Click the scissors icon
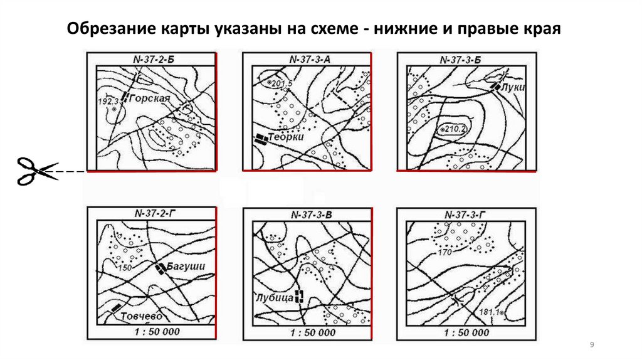pos(37,171)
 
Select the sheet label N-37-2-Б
pos(154,60)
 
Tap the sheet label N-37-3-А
pos(310,60)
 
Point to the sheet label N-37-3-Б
pos(461,60)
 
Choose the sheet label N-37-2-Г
pos(153,213)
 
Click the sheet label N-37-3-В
pos(311,214)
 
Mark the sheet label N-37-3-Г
pos(465,214)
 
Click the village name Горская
pos(149,98)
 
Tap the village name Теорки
pos(286,136)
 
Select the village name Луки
pos(513,87)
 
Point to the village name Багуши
pos(186,266)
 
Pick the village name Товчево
pos(141,316)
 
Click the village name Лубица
pos(275,297)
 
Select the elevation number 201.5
pos(282,83)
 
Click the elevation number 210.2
pos(455,129)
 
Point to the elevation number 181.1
pos(489,312)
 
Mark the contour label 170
pos(445,252)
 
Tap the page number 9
pos(592,345)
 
